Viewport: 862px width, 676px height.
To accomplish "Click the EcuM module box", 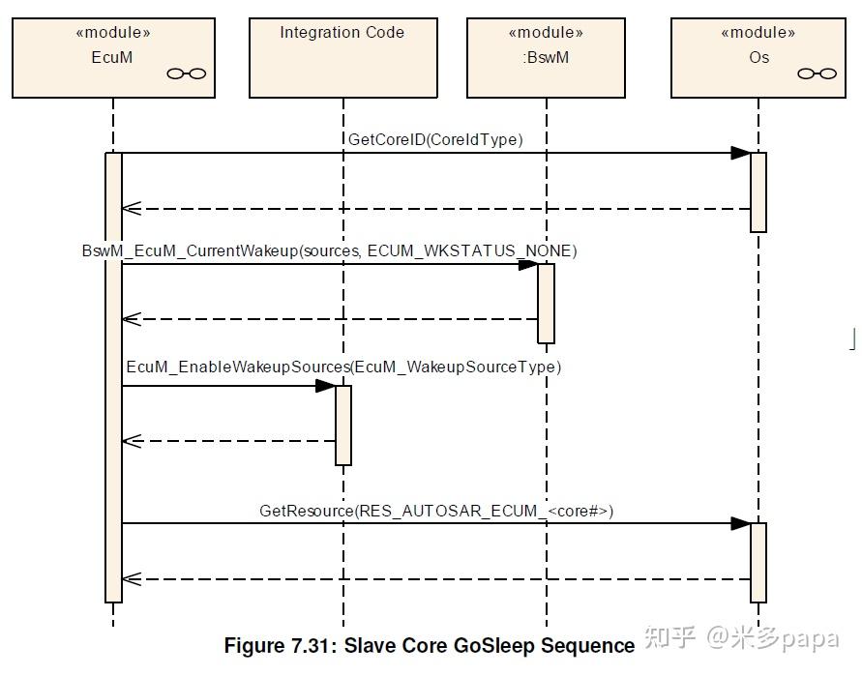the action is (x=113, y=58).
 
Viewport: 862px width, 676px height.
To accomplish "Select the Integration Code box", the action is (x=343, y=58).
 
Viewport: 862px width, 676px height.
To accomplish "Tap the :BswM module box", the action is (x=546, y=58).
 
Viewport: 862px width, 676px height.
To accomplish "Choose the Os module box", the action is (x=758, y=58).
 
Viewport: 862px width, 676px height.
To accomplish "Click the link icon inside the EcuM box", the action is (x=187, y=73).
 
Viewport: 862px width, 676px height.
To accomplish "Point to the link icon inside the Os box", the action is (x=817, y=73).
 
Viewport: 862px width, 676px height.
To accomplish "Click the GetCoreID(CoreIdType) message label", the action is (x=435, y=139).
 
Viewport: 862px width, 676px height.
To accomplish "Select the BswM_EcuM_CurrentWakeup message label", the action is (x=329, y=251).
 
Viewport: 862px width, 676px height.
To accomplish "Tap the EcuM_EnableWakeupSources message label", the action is (x=343, y=367).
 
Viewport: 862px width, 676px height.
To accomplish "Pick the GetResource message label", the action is (x=436, y=512).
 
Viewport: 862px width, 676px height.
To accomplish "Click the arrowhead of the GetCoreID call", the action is (x=740, y=154).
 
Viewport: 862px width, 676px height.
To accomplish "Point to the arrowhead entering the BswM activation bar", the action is (x=528, y=265).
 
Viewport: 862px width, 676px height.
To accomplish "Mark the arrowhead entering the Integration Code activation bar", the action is (x=325, y=386).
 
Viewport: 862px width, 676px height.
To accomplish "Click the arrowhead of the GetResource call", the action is (x=740, y=524).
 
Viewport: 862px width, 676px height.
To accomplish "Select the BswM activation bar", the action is (x=546, y=304).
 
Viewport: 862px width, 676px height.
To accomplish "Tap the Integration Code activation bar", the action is (x=343, y=426).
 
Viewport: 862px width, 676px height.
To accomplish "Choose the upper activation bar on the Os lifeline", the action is (x=758, y=192).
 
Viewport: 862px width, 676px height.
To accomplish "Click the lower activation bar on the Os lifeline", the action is (x=758, y=563).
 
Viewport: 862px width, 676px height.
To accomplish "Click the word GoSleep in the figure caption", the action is (x=490, y=646).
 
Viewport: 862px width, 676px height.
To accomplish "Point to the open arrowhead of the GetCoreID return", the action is (x=132, y=209).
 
